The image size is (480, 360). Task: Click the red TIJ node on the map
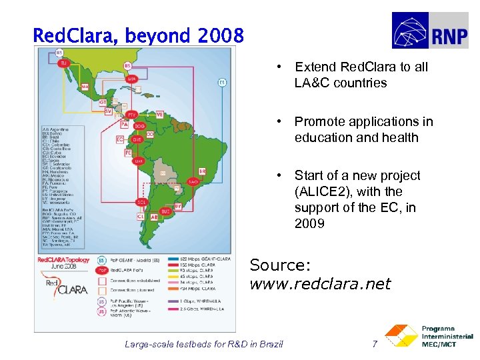tap(64, 63)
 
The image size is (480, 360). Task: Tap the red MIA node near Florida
tap(132, 79)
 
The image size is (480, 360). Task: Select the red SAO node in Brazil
tap(193, 181)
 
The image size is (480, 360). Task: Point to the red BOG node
tap(139, 125)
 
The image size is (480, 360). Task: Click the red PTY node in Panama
tap(132, 114)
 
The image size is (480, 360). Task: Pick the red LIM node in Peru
tap(139, 161)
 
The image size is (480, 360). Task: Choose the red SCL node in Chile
tap(141, 202)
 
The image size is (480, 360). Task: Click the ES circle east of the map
tap(222, 83)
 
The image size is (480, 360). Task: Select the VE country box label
tap(159, 115)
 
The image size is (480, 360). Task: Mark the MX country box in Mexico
tap(85, 87)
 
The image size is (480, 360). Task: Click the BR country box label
tap(202, 171)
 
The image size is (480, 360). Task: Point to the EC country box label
tap(120, 139)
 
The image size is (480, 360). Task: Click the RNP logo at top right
tap(434, 31)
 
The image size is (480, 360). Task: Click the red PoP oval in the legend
tap(102, 271)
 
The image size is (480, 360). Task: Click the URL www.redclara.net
tap(320, 285)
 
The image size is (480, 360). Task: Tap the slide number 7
tap(375, 344)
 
